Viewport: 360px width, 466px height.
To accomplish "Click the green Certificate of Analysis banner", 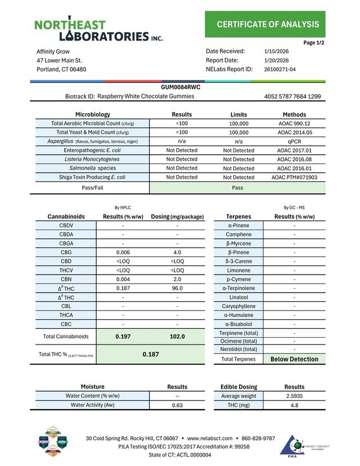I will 268,24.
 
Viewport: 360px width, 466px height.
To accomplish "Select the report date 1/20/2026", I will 276,60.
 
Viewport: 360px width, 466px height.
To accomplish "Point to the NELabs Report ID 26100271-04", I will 280,69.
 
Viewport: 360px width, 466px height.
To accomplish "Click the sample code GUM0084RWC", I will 181,87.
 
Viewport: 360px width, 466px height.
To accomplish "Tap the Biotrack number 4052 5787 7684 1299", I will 292,97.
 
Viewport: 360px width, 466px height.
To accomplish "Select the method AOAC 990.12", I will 294,123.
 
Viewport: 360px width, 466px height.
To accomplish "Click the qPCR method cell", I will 294,141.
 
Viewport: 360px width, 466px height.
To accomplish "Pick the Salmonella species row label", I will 92,168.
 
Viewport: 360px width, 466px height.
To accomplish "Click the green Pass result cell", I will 238,188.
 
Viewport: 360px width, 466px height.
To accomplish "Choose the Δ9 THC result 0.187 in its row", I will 123,288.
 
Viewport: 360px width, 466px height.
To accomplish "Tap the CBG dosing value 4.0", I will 177,252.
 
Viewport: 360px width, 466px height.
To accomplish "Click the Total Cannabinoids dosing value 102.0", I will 177,337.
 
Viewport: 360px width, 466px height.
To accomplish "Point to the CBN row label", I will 65,279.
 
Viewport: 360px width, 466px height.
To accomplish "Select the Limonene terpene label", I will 238,270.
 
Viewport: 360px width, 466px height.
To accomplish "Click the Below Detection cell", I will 294,359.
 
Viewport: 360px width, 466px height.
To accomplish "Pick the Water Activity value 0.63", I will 177,405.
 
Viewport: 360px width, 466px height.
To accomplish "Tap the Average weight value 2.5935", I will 294,396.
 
